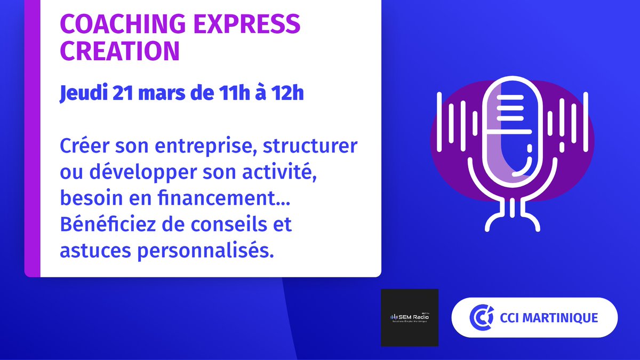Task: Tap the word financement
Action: [214, 198]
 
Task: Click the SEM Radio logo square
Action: [410, 318]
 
